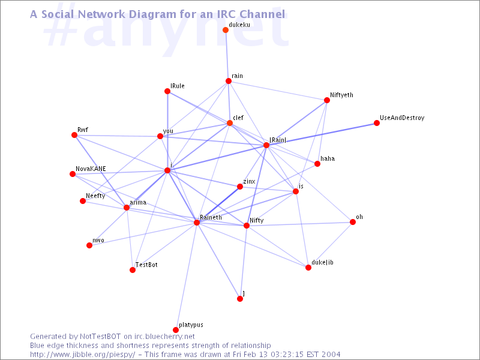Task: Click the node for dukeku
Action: tap(226, 30)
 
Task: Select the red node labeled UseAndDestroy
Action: tap(377, 123)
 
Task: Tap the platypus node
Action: tap(176, 329)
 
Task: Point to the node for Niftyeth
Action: tap(327, 100)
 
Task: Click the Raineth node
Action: tap(197, 223)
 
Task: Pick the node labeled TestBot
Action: tap(133, 270)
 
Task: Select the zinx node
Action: tap(240, 187)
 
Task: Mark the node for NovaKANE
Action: tap(73, 174)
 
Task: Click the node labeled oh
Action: tap(353, 222)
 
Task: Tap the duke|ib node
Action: tap(308, 268)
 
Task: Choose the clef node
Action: tap(230, 123)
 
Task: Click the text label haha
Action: tap(328, 158)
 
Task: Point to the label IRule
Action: tap(178, 86)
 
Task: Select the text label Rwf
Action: tap(83, 130)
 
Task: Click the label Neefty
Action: tap(95, 196)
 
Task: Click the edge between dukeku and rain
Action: tap(227, 55)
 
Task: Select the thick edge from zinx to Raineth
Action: tap(218, 205)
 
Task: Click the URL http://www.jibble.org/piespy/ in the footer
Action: tap(82, 355)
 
